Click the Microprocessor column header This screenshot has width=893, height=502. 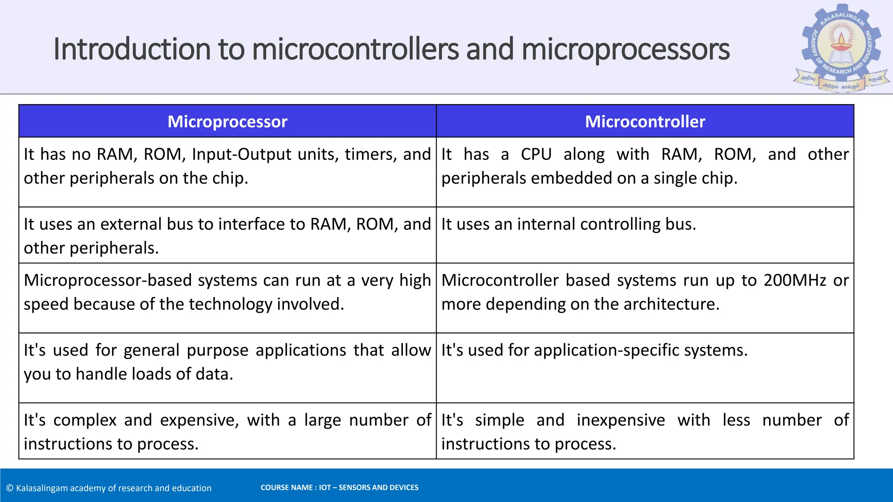tap(227, 122)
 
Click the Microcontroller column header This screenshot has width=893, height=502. tap(644, 122)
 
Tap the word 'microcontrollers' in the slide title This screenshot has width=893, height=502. tap(355, 49)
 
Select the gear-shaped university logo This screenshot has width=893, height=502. tap(841, 47)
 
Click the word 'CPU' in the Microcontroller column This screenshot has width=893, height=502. tap(536, 154)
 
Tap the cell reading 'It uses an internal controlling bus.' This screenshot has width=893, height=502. tap(569, 224)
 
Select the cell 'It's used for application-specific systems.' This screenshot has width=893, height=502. tap(594, 350)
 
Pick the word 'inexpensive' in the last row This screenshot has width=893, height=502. tap(620, 420)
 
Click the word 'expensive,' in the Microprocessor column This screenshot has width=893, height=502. tap(199, 420)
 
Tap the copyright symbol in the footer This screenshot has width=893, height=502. tap(10, 488)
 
